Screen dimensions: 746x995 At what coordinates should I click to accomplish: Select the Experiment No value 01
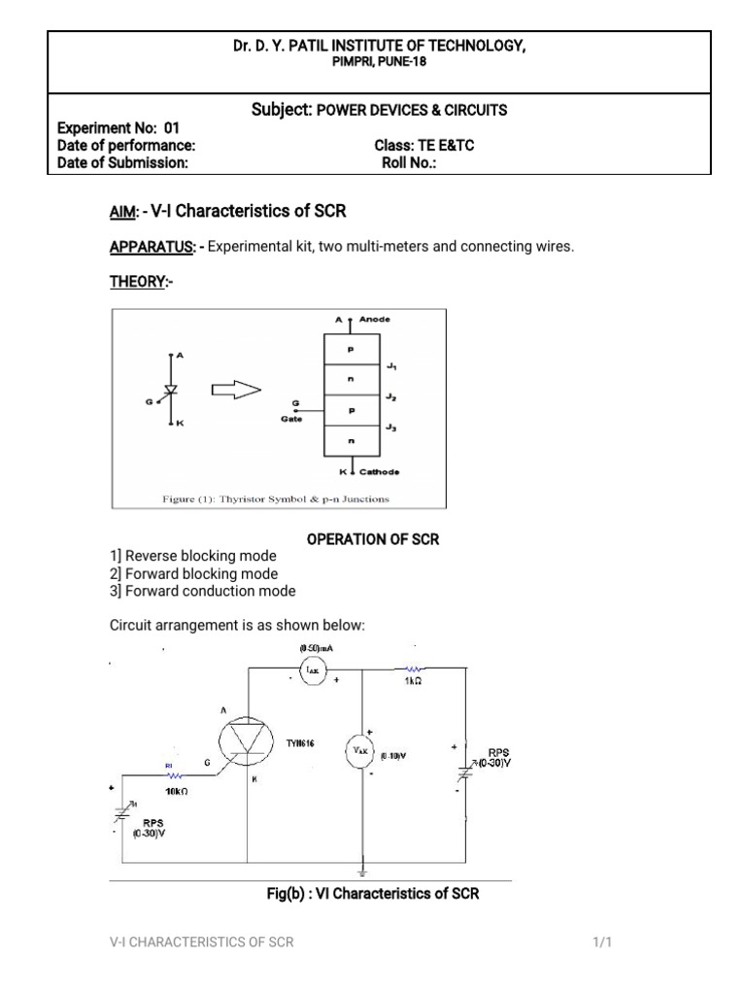[x=172, y=127]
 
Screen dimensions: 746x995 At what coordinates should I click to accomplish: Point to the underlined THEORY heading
[x=138, y=282]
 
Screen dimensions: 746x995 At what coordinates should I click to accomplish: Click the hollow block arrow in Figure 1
[x=235, y=390]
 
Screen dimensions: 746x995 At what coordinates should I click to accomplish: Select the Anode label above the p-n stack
[x=374, y=318]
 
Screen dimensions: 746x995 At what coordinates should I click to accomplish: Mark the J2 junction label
[x=390, y=397]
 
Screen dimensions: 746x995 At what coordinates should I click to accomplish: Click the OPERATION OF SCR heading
[x=373, y=539]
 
